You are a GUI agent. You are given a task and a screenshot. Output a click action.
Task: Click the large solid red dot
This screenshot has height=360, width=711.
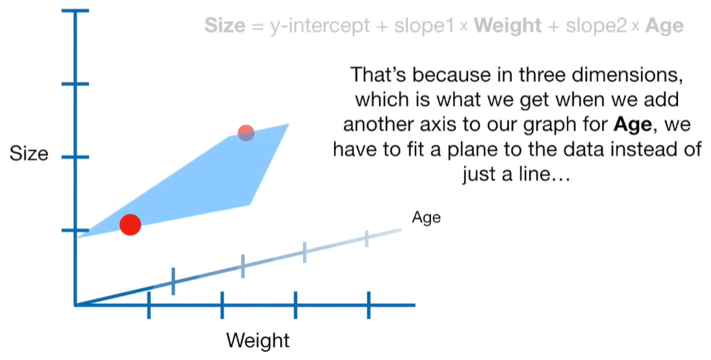pos(130,225)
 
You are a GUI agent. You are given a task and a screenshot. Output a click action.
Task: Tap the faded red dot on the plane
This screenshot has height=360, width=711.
pos(246,133)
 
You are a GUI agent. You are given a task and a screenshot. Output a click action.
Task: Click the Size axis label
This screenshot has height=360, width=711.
pos(29,153)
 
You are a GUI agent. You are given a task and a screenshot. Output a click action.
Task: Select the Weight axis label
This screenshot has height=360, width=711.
pos(258,340)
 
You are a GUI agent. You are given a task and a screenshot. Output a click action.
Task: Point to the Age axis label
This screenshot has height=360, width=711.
pos(426,217)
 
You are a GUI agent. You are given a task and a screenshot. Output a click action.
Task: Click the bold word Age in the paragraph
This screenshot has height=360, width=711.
pos(632,124)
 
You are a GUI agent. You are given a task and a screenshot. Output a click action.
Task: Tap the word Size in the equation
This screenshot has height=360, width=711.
pos(224,26)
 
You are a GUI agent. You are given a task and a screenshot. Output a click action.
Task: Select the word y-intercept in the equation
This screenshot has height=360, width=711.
pos(320,26)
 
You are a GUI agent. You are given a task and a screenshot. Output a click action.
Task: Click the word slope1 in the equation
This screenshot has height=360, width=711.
pos(424,26)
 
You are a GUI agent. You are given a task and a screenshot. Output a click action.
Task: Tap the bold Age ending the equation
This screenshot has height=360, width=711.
pos(665,26)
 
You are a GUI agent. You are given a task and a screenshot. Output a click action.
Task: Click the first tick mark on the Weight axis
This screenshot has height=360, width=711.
pos(149,305)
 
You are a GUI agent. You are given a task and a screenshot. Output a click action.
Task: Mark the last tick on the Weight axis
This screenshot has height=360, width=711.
pos(369,305)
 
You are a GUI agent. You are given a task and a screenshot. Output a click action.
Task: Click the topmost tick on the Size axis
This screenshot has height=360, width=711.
pos(75,11)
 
